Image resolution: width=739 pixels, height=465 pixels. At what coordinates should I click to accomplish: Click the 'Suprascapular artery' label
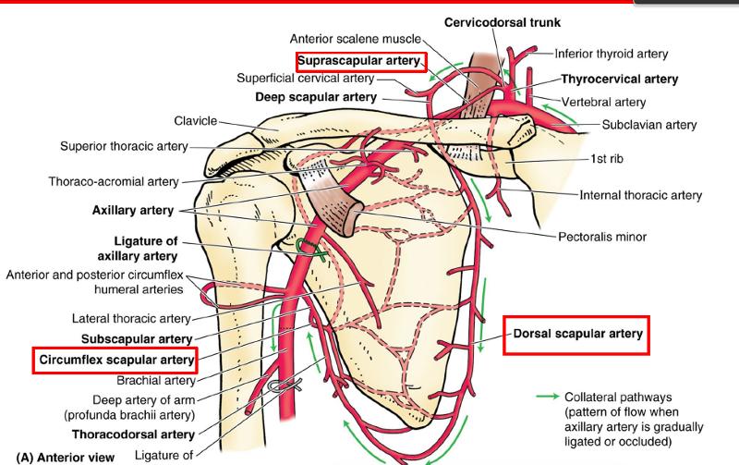[x=360, y=61]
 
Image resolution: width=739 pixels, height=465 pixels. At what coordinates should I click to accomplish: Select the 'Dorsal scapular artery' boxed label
[x=576, y=334]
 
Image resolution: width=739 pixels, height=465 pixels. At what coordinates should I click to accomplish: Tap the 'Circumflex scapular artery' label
[x=115, y=360]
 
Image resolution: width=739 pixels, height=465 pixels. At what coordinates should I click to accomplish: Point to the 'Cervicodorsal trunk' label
[x=502, y=22]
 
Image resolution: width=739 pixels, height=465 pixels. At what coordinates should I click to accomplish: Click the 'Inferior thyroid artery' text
[x=612, y=54]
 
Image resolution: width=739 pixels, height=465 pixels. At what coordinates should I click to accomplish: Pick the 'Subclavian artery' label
[x=649, y=125]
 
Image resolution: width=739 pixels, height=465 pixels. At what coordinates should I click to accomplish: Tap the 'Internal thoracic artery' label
[x=640, y=195]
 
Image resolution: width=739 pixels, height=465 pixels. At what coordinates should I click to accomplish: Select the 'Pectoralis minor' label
[x=602, y=237]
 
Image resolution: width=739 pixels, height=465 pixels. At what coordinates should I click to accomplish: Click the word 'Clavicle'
[x=195, y=121]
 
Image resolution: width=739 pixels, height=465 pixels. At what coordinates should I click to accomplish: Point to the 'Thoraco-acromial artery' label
[x=114, y=182]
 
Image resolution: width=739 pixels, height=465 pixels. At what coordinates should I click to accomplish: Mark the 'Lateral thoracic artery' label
[x=131, y=319]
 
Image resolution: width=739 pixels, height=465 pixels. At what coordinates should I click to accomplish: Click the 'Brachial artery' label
[x=156, y=380]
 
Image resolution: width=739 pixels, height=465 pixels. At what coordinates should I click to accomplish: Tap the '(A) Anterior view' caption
[x=65, y=457]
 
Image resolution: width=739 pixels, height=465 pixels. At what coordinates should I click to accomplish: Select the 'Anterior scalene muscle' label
[x=355, y=39]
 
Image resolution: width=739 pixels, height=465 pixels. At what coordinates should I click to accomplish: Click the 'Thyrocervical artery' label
[x=619, y=80]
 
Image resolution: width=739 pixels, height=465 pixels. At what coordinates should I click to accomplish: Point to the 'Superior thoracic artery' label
[x=124, y=146]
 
